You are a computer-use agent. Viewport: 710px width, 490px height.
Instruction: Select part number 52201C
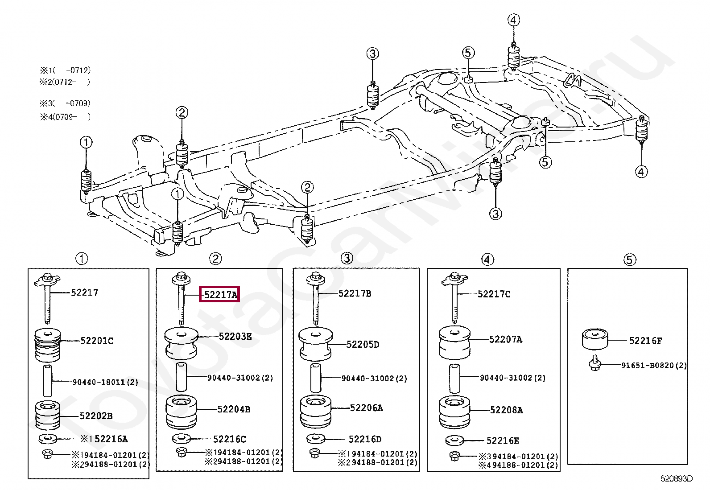(97, 341)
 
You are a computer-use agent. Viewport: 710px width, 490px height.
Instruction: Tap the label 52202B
(96, 416)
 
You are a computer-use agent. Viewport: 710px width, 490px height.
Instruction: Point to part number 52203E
(235, 336)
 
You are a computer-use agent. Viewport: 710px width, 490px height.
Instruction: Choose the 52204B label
(234, 409)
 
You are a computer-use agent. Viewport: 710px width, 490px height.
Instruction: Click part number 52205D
(363, 345)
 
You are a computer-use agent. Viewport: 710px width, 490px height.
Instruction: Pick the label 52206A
(367, 408)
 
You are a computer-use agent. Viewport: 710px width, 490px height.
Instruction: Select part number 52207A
(506, 339)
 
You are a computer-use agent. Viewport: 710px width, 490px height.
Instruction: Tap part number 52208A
(507, 410)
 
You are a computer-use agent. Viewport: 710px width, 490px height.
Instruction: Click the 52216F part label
(645, 341)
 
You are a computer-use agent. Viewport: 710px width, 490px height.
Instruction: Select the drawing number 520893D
(677, 478)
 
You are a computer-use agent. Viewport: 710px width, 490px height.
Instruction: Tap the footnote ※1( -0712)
(65, 70)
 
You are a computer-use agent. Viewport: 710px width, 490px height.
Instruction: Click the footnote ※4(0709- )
(65, 117)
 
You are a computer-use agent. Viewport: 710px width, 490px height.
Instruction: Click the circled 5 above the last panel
(629, 260)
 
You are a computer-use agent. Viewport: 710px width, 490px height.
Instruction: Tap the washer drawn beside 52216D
(315, 439)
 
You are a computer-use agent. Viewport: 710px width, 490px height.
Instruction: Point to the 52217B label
(355, 293)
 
